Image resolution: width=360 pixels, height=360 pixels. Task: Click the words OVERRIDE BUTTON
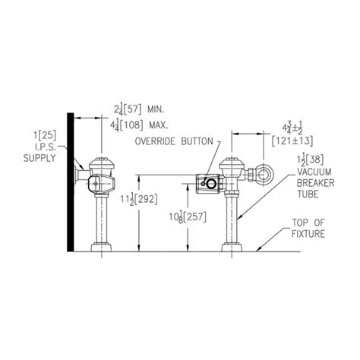tap(174, 141)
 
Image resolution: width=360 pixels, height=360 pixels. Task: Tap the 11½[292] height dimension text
tap(139, 200)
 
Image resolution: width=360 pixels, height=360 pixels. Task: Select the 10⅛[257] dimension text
tap(188, 217)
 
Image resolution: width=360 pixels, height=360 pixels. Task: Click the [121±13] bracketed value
tap(292, 141)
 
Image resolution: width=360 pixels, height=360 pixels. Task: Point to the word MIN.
tap(156, 109)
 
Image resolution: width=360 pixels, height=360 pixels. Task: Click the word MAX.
tap(159, 125)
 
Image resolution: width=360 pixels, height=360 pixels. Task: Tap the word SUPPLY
tap(39, 158)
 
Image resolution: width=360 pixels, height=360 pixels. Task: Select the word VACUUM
tap(314, 172)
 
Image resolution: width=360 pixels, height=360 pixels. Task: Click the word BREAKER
tap(315, 183)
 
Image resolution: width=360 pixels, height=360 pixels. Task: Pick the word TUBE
tap(308, 194)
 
